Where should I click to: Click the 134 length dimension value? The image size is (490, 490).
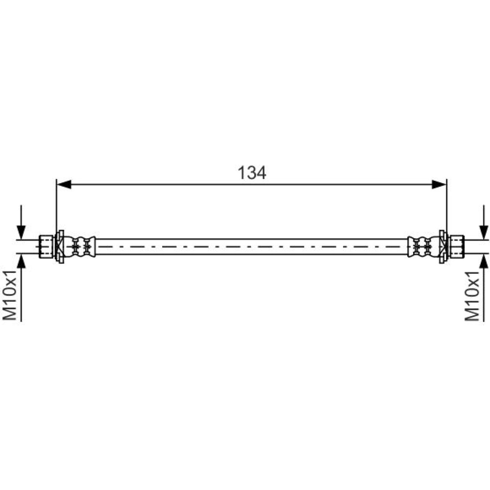pos(252,172)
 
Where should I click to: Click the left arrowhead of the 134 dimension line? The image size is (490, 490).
pos(64,184)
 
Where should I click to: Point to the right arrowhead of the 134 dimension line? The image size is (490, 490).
pos(439,184)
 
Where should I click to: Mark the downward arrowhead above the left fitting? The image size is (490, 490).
pos(21,232)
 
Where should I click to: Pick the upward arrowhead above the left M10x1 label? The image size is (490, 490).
pos(21,262)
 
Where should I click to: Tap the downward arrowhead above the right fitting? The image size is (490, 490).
pos(484,232)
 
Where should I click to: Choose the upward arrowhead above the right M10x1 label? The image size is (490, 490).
pos(484,262)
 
